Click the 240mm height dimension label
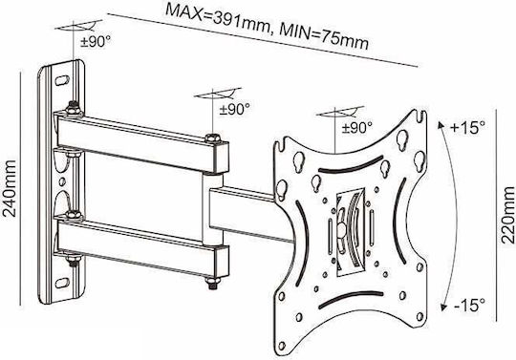pyautogui.click(x=9, y=188)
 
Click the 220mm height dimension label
pyautogui.click(x=507, y=215)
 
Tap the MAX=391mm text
pyautogui.click(x=218, y=19)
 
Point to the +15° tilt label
pyautogui.click(x=467, y=127)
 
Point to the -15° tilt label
pyautogui.click(x=469, y=305)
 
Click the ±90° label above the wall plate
pyautogui.click(x=96, y=42)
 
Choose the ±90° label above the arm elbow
pyautogui.click(x=235, y=109)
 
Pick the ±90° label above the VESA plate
pyautogui.click(x=357, y=127)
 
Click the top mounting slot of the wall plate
pyautogui.click(x=62, y=80)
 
